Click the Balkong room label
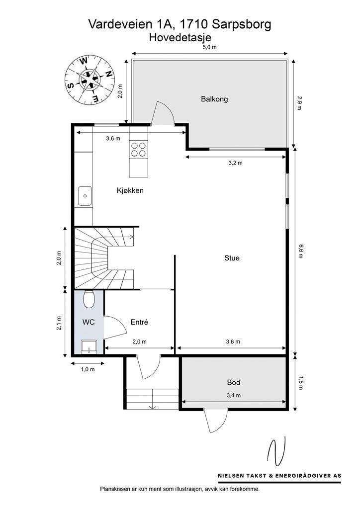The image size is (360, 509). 214,99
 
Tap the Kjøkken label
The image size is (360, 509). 130,190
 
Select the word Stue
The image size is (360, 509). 232,258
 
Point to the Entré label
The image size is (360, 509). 139,322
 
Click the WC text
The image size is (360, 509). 89,322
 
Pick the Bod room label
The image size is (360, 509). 233,382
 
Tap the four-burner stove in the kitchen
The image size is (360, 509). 138,150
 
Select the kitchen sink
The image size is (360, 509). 85,196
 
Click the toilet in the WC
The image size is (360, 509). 89,299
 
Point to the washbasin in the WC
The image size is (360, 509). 89,346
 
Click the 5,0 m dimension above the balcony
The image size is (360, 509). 209,47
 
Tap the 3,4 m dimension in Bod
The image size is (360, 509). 233,395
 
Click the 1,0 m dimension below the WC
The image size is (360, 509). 88,369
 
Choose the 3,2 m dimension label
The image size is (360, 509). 235,163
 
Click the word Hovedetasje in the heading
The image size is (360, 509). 180,38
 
